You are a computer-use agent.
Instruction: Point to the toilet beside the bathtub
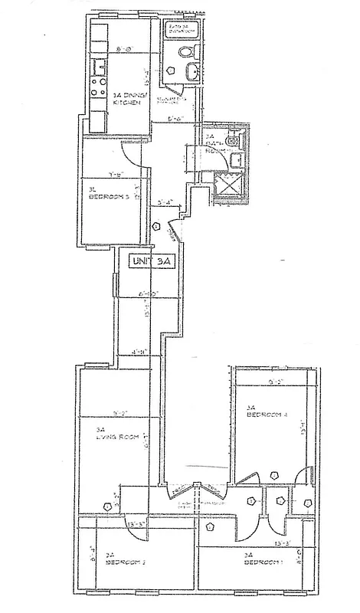point(184,52)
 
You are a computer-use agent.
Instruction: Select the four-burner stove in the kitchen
point(97,86)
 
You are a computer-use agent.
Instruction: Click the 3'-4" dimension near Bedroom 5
point(165,203)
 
